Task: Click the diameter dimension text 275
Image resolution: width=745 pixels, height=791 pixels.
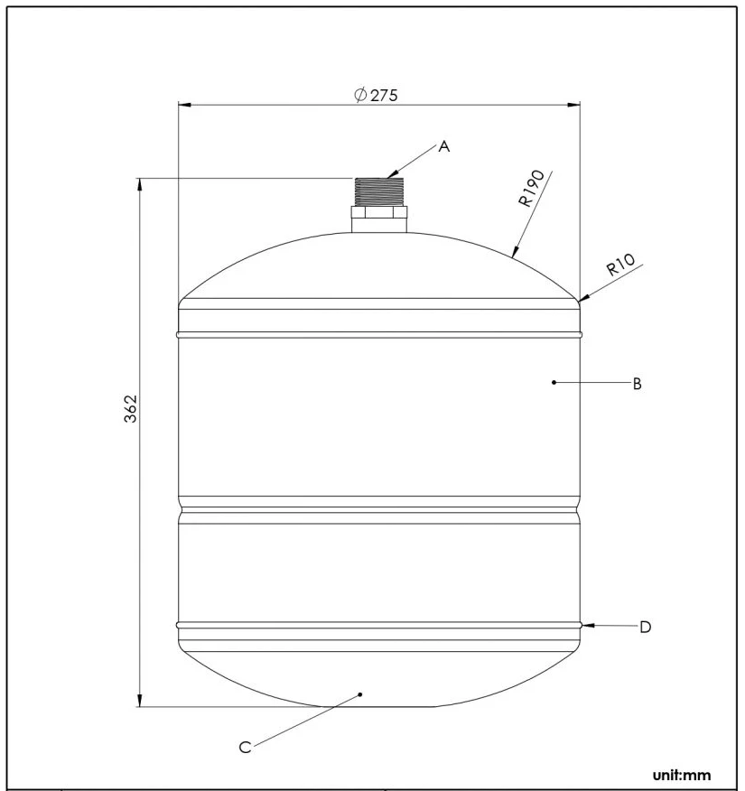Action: (x=384, y=96)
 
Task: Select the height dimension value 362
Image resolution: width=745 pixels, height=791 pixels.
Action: (x=131, y=409)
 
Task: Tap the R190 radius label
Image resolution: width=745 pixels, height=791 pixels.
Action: (x=532, y=188)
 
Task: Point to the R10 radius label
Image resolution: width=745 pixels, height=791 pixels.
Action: (x=619, y=265)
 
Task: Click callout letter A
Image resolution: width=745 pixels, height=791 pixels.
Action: (x=444, y=147)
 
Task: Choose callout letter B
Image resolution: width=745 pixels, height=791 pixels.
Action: (x=637, y=384)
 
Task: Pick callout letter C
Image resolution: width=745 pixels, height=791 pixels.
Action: (x=245, y=748)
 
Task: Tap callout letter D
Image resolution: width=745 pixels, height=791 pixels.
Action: (x=645, y=628)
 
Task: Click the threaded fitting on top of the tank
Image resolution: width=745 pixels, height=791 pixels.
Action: (x=379, y=191)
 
